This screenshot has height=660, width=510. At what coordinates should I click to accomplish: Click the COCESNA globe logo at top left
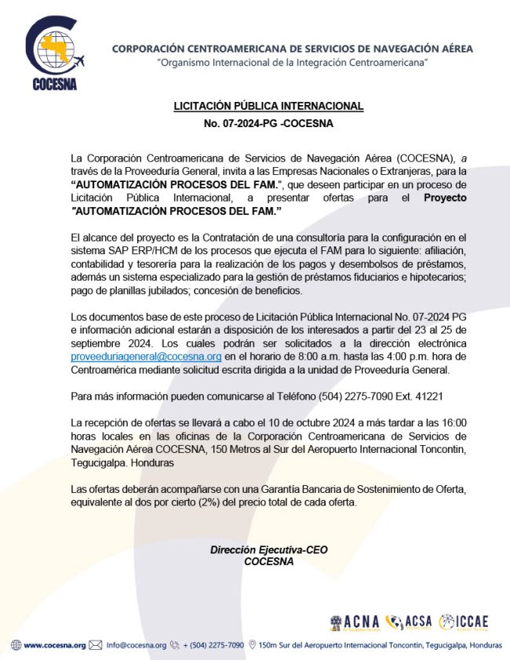pos(54,48)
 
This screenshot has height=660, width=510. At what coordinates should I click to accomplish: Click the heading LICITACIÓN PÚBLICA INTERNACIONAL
pos(268,106)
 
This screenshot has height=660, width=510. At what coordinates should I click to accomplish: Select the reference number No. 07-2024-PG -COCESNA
pos(268,124)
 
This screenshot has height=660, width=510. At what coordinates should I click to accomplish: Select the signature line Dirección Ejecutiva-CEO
pos(268,550)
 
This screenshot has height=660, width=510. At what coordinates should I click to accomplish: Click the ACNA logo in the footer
pos(355,622)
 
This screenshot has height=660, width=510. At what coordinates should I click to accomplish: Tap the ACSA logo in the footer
pos(409,622)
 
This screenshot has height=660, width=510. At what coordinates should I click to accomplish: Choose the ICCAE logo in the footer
pos(464,622)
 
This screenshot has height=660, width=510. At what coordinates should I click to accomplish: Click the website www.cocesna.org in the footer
pos(54,645)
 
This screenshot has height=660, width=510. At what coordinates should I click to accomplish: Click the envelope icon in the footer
pos(96,645)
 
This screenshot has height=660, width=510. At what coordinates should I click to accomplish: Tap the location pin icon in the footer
pos(253,645)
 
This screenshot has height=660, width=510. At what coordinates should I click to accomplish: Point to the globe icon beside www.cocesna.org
pos(16,645)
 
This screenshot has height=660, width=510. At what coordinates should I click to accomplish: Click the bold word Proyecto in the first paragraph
pos(444,198)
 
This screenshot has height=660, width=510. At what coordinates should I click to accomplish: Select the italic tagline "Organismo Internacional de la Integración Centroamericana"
pos(292,61)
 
